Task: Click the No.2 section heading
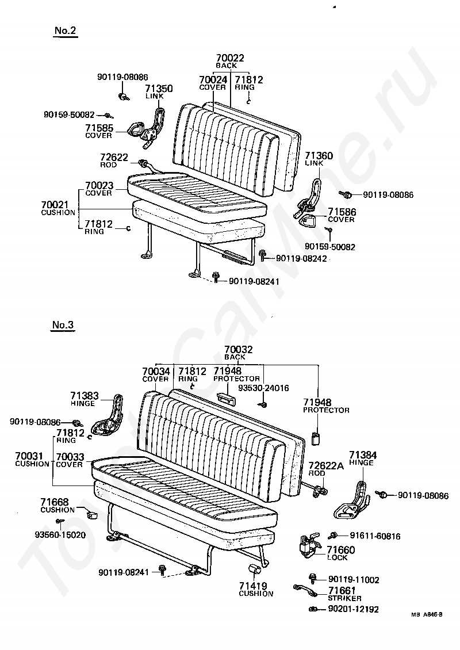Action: pos(65,31)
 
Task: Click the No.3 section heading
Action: pos(63,325)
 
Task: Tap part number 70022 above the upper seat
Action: pos(230,58)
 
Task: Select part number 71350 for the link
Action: pos(158,89)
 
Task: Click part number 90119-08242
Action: pos(301,259)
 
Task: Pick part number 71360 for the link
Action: pos(319,156)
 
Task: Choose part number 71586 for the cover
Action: pos(342,212)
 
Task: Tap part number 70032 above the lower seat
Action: pos(239,350)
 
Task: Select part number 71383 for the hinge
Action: pos(85,396)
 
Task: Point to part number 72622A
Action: pos(325,465)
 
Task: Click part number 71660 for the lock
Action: pos(341,550)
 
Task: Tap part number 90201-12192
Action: pos(354,609)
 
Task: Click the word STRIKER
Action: pos(345,598)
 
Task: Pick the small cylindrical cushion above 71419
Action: pos(255,569)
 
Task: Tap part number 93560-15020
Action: pos(60,534)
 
